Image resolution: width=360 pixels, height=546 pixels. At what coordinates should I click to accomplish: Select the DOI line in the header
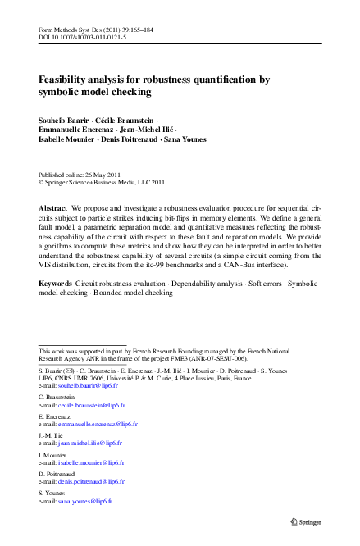coord(82,38)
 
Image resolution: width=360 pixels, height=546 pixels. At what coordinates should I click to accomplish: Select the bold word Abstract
coord(53,209)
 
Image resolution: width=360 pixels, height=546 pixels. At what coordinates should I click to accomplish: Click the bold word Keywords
coord(56,283)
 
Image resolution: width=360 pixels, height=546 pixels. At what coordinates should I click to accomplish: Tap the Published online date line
coord(80,175)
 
